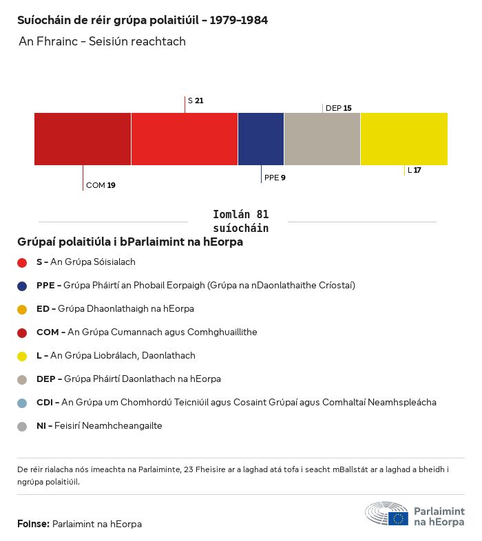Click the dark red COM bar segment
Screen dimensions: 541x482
83,139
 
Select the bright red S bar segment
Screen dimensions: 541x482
185,139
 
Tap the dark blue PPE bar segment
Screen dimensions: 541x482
261,139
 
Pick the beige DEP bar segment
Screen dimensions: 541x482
322,139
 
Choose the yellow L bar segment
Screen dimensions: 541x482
404,139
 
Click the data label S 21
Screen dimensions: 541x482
196,100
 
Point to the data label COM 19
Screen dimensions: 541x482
101,185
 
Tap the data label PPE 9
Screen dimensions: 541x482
275,178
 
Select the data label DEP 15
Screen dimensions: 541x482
339,108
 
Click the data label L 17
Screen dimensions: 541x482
415,170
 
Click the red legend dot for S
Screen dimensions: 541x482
22,262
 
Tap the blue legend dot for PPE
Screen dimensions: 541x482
22,286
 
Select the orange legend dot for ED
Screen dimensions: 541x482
22,309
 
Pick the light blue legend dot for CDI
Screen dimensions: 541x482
22,403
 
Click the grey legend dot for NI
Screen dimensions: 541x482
22,426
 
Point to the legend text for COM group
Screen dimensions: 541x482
147,332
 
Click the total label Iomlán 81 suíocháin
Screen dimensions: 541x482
240,221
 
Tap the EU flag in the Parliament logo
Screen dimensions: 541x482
398,518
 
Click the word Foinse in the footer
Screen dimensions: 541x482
33,524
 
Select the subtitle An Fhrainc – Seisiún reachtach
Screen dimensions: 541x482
102,41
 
